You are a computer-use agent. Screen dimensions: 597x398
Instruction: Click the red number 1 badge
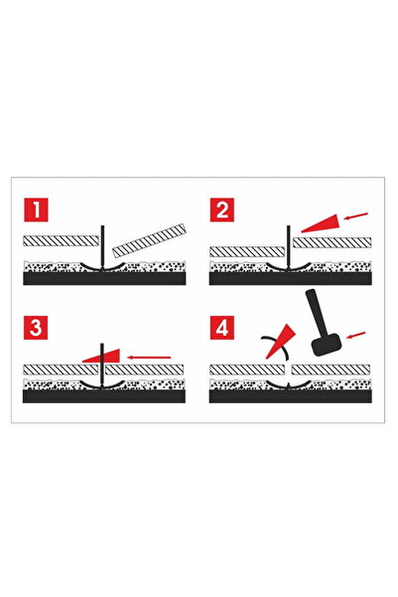point(35,211)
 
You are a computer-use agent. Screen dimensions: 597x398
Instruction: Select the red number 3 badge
point(35,330)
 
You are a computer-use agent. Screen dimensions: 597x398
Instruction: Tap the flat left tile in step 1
point(59,241)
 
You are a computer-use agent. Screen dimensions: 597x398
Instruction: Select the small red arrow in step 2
point(358,213)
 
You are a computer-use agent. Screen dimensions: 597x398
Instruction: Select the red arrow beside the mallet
point(359,333)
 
